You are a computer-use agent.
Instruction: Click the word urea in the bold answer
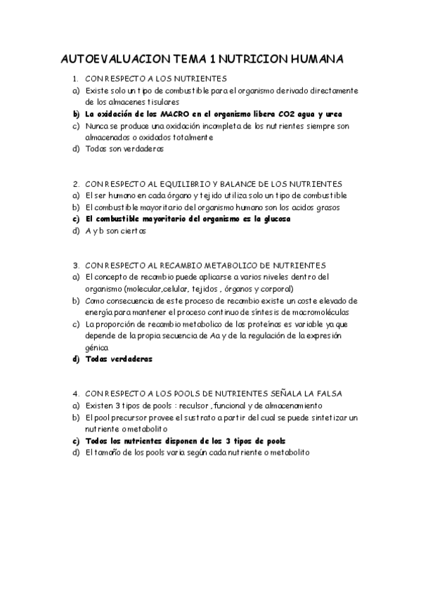[334, 115]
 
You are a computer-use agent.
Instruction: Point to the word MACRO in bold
[175, 115]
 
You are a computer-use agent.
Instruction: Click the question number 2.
[75, 183]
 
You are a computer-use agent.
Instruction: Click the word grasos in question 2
[326, 207]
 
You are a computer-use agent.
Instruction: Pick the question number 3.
[75, 265]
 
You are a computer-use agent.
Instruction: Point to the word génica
[97, 347]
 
